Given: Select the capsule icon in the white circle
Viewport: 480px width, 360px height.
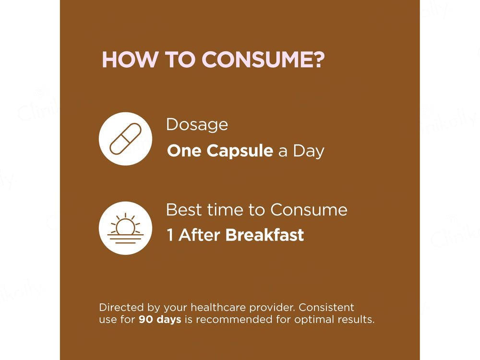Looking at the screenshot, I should [x=125, y=139].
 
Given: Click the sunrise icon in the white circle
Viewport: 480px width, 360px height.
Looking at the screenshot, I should [x=125, y=228].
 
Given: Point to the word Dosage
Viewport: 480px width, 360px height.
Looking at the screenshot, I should [x=197, y=125].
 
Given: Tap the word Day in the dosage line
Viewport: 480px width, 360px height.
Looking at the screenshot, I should [x=309, y=151].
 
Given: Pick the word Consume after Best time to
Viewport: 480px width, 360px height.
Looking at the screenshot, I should [x=309, y=210].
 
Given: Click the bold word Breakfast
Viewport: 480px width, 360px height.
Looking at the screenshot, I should [x=264, y=235].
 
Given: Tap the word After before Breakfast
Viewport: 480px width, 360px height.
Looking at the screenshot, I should [x=199, y=235].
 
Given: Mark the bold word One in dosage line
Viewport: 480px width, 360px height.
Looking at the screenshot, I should [x=185, y=151].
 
